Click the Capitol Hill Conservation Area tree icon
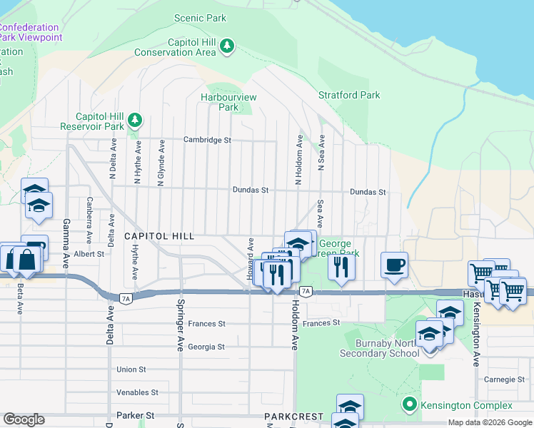click(x=227, y=47)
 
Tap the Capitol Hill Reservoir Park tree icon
click(x=133, y=121)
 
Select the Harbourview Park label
click(x=228, y=102)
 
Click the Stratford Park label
click(x=349, y=95)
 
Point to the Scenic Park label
click(x=201, y=18)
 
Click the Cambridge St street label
click(x=207, y=140)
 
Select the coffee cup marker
click(x=394, y=265)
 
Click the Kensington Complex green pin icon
click(x=409, y=405)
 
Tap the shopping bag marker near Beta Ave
click(x=26, y=260)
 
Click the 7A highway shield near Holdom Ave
click(x=306, y=291)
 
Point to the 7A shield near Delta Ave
click(x=125, y=296)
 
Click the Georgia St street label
click(x=206, y=347)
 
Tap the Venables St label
click(x=138, y=392)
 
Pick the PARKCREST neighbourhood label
click(x=293, y=416)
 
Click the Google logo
click(x=24, y=419)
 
